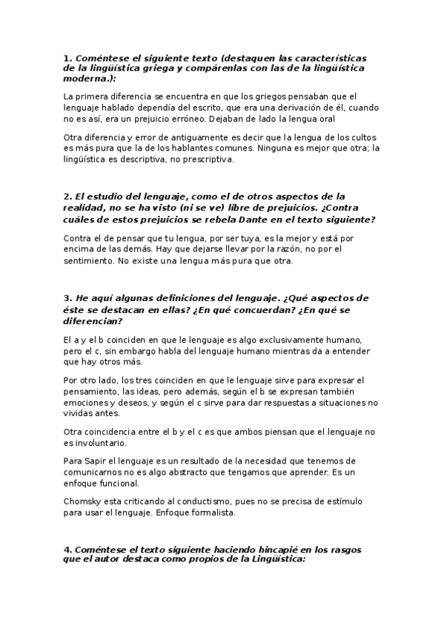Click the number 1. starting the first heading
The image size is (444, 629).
(x=67, y=58)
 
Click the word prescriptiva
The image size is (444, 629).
(x=212, y=158)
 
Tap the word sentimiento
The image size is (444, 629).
(x=91, y=260)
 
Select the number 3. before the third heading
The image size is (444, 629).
(x=67, y=298)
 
